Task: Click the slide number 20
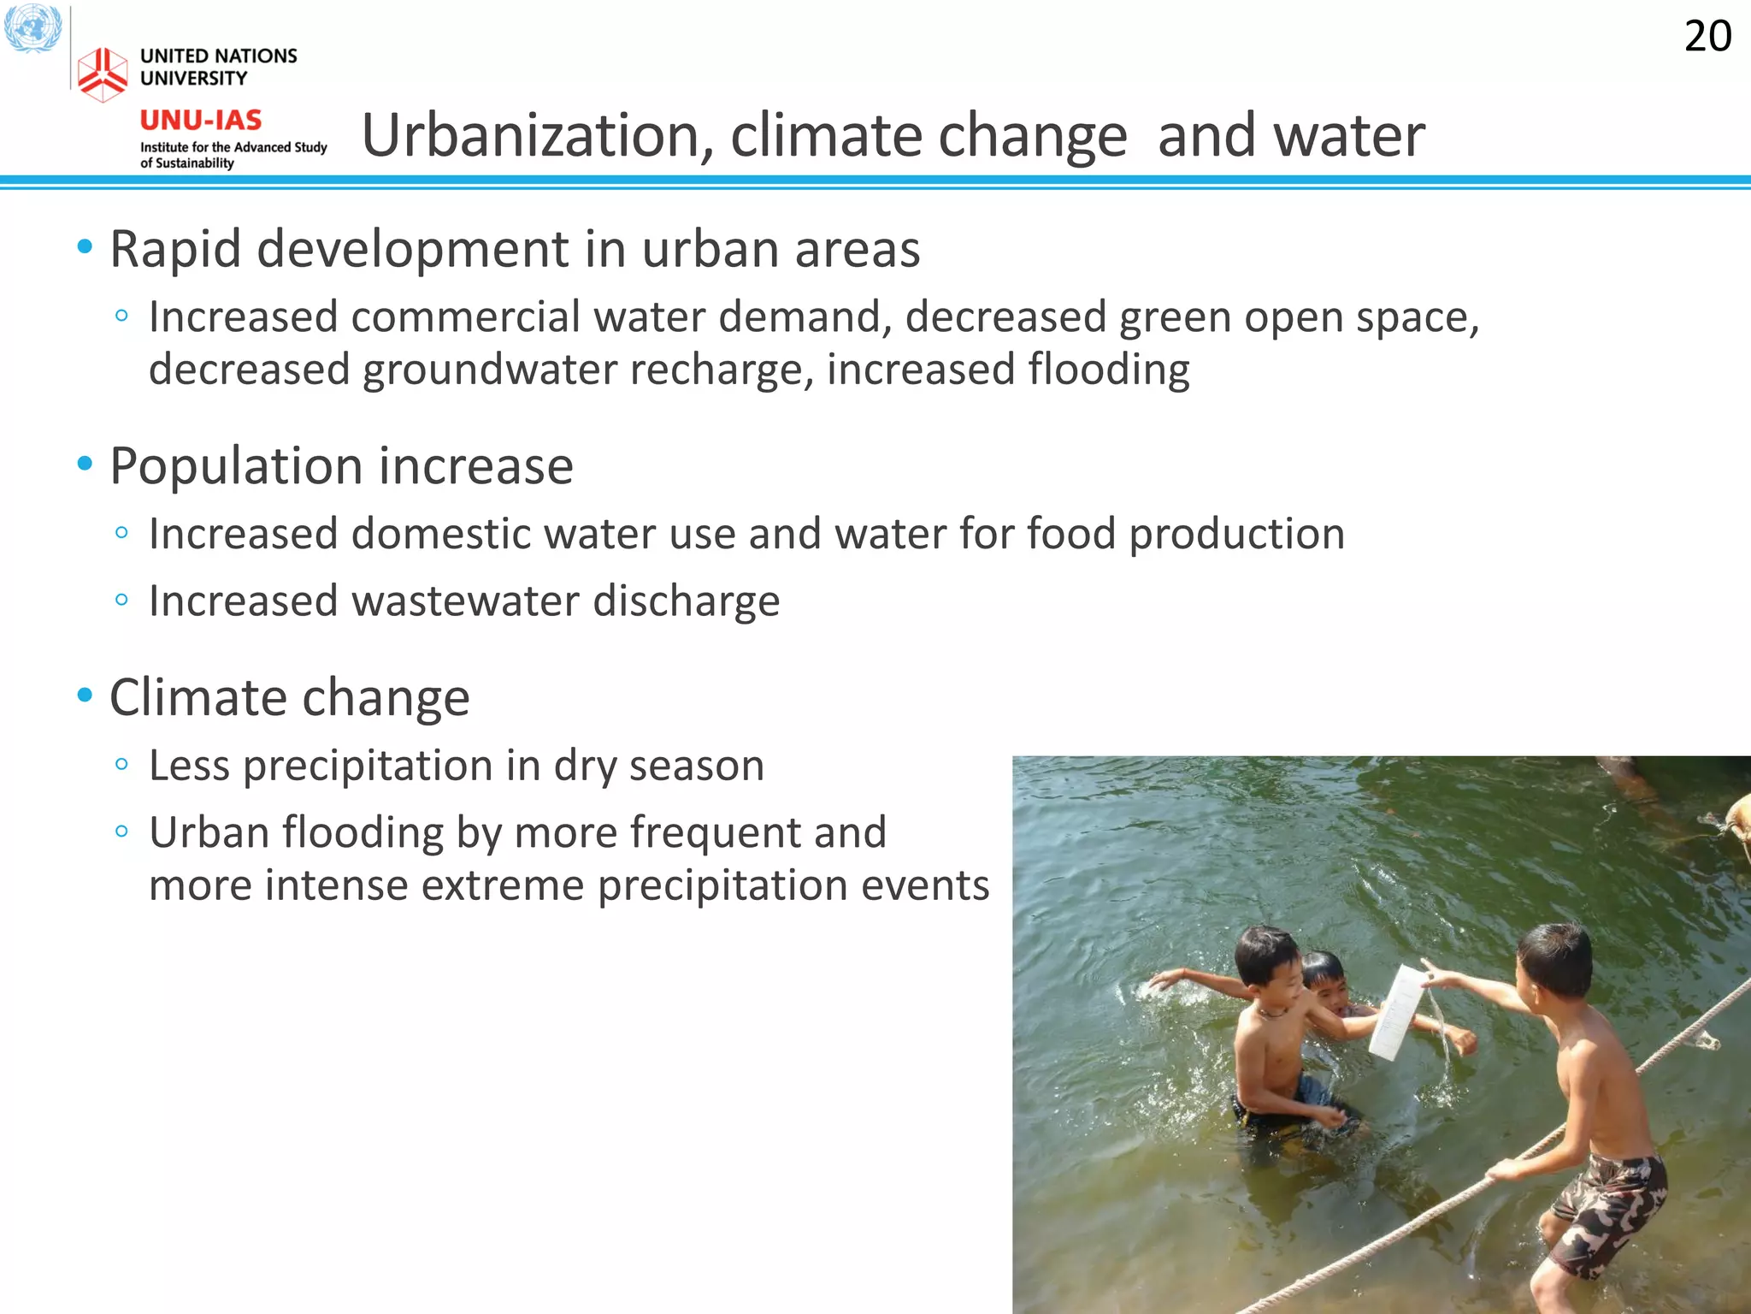pos(1707,37)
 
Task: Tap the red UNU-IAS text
pos(201,120)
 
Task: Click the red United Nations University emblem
pos(103,74)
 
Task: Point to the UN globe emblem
pos(32,27)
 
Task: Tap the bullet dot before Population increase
pos(85,465)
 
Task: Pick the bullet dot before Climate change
pos(85,695)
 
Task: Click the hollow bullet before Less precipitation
pos(121,764)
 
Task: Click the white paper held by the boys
pos(1395,1013)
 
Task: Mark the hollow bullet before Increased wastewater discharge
pos(121,600)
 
